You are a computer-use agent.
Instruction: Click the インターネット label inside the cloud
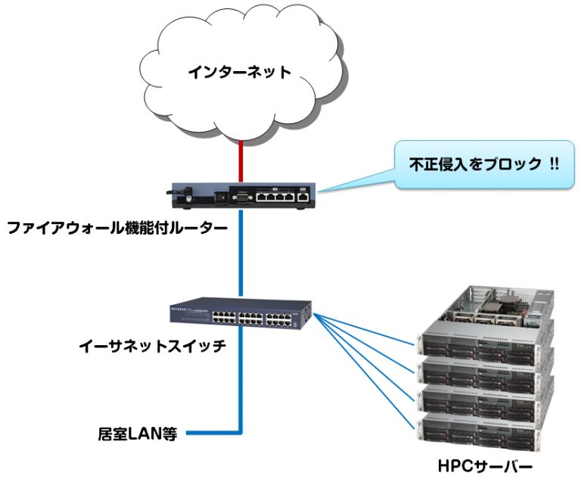239,73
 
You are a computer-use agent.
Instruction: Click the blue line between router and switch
241,257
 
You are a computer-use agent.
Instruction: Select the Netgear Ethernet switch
241,315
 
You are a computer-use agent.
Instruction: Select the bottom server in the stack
484,428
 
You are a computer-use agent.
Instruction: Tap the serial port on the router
241,196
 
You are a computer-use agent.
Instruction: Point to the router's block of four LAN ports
273,196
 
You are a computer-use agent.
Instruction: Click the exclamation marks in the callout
554,163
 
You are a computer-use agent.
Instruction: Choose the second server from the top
484,369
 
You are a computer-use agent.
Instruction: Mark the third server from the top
484,399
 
